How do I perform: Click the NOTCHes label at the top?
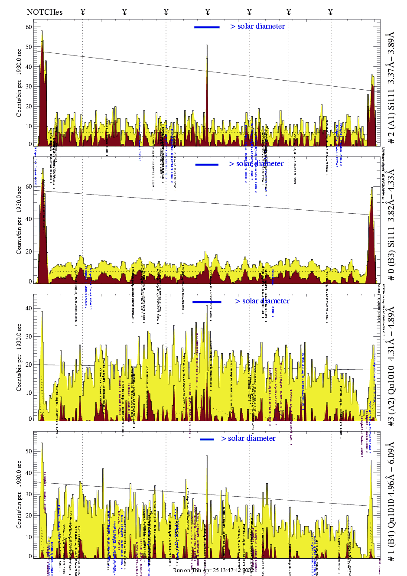tap(44, 12)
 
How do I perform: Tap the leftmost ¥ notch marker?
tap(83, 12)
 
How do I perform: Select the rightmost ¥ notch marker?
tap(330, 12)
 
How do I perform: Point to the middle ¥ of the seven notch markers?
tap(208, 12)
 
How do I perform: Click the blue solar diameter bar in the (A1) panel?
tap(207, 27)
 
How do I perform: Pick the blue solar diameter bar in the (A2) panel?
tap(207, 302)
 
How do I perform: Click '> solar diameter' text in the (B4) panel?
tap(248, 439)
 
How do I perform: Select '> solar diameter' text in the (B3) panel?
tap(257, 164)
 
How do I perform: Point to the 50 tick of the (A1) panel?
tap(29, 47)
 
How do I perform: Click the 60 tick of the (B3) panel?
tap(29, 187)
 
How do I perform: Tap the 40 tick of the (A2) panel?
tap(29, 309)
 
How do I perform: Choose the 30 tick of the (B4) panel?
tap(29, 494)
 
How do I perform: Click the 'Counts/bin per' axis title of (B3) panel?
tap(19, 234)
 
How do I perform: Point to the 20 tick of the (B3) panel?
tap(29, 251)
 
